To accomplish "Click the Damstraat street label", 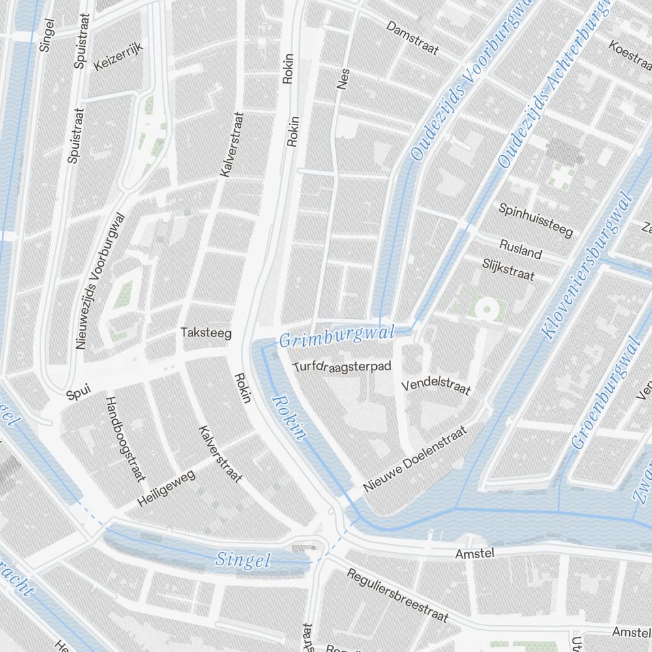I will tap(412, 38).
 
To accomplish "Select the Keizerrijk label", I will tap(118, 55).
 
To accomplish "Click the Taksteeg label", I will tap(206, 333).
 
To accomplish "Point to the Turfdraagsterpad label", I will tap(342, 366).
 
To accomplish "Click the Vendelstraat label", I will tap(436, 385).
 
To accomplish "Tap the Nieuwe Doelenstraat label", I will tap(416, 459).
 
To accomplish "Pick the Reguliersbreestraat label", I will tap(398, 595).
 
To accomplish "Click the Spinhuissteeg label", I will tap(535, 219).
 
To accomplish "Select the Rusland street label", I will tap(520, 248).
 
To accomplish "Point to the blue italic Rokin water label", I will tap(289, 418).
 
